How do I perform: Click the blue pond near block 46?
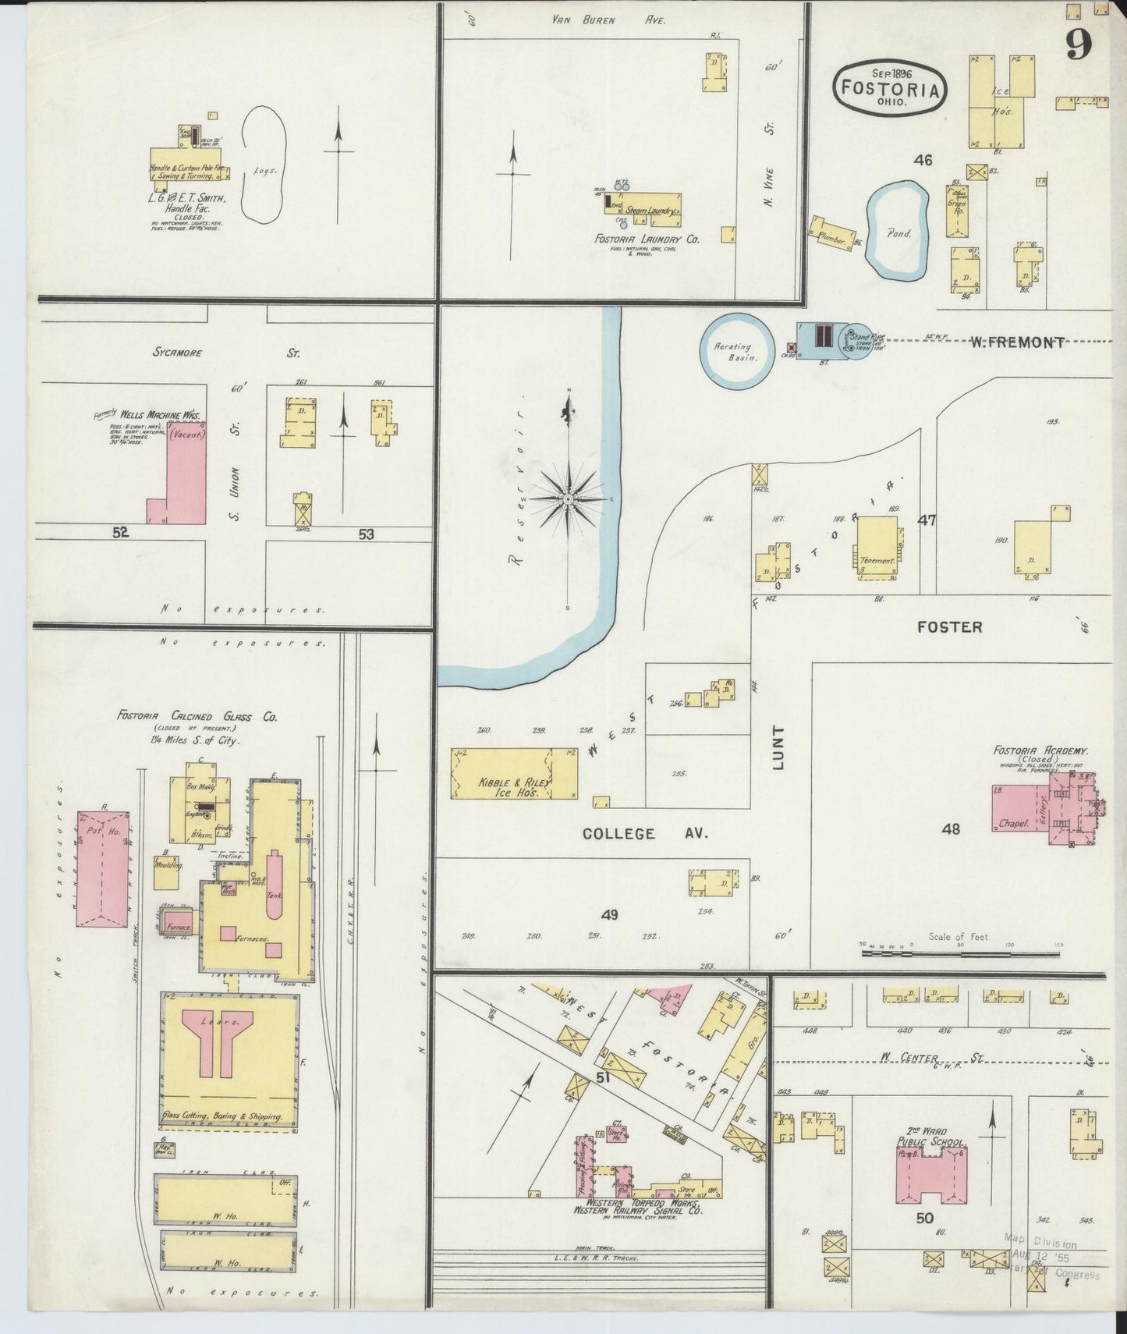898,231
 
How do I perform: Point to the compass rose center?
569,498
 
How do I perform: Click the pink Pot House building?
102,867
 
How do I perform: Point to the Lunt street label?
780,748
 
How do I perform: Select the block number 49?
609,914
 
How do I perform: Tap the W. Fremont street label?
1017,342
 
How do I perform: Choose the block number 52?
120,533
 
